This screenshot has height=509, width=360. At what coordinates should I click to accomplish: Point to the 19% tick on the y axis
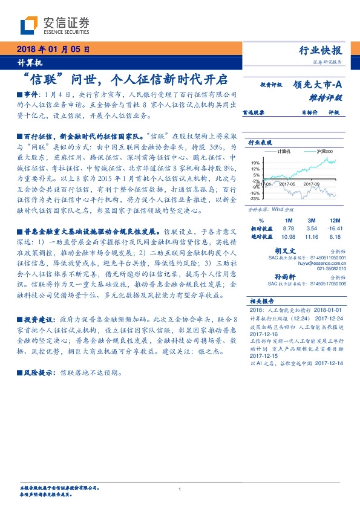[x=256, y=162]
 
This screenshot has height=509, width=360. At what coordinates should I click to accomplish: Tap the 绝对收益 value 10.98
[x=289, y=236]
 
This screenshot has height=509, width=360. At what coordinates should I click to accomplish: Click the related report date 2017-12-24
[x=329, y=317]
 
